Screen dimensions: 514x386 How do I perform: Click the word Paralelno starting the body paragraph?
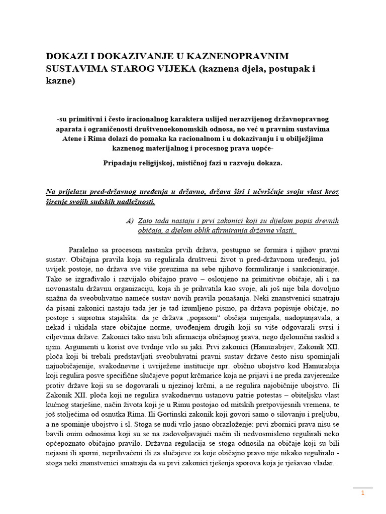pyautogui.click(x=84, y=249)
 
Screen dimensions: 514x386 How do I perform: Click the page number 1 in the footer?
pyautogui.click(x=362, y=494)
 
